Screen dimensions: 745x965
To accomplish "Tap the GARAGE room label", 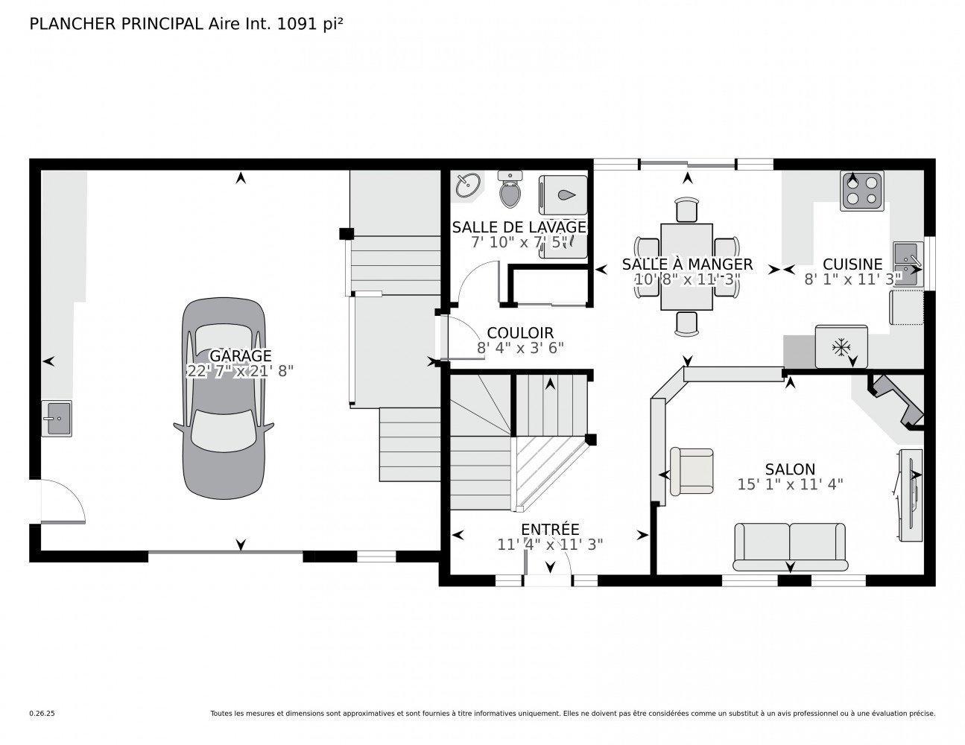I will [240, 356].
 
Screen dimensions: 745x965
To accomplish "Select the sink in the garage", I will [57, 418].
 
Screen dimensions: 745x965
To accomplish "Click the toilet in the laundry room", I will [510, 189].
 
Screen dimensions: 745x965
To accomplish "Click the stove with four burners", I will [861, 191].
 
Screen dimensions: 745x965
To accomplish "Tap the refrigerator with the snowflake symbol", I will [841, 346].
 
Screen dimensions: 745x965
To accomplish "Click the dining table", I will [686, 266].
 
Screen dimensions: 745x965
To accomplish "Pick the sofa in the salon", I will [790, 543].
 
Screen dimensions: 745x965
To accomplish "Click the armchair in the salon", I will [692, 471].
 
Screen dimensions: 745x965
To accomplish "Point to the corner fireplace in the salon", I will [898, 402].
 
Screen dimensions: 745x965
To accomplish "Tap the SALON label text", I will [790, 469].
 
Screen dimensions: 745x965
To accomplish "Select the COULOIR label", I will [520, 333].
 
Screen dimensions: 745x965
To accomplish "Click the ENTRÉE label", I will [550, 530].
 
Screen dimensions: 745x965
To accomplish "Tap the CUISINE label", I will [852, 264].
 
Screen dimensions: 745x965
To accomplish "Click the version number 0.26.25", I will [42, 713].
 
